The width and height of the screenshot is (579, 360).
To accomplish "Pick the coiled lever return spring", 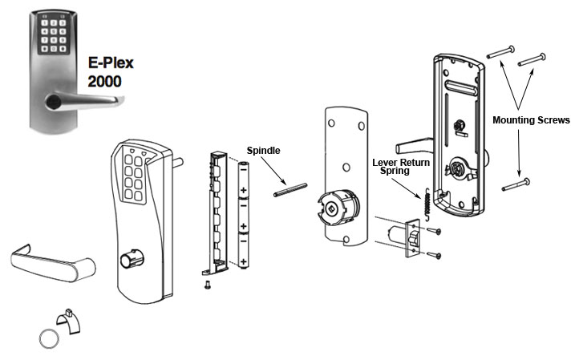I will click(427, 201).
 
